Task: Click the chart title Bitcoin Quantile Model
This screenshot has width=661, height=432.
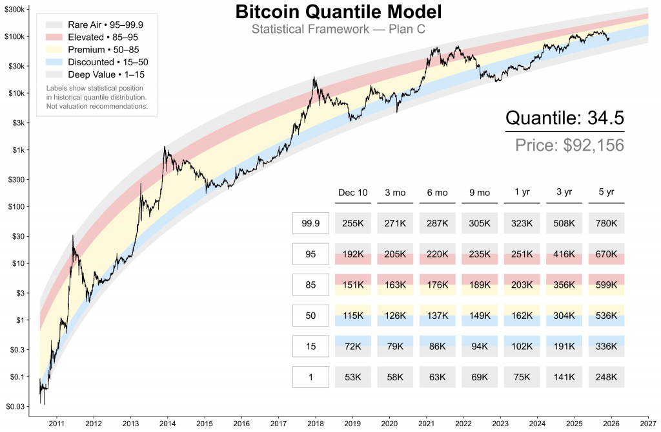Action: [330, 12]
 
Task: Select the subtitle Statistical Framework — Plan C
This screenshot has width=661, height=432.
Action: [330, 30]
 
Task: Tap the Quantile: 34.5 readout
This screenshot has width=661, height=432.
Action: [564, 118]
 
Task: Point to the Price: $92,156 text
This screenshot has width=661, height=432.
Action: [569, 145]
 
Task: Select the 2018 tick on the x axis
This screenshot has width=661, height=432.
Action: [315, 424]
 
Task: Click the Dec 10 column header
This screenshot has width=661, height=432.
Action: [352, 193]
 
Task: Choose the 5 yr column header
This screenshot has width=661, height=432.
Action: [606, 193]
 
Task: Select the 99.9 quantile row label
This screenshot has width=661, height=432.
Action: [310, 223]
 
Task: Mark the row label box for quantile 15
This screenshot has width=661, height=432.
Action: [310, 347]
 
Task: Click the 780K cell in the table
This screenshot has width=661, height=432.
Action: [606, 223]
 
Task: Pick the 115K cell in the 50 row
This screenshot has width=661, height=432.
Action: [352, 316]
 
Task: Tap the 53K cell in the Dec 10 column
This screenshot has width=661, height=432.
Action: [352, 377]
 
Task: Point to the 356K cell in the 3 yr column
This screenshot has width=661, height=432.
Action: [564, 285]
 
